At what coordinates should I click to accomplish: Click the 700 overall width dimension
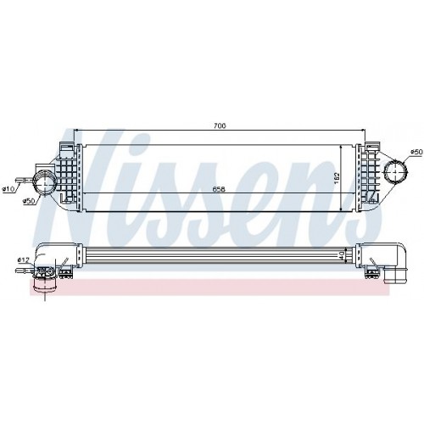[x=220, y=126]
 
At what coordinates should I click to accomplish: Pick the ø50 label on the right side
[x=416, y=152]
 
